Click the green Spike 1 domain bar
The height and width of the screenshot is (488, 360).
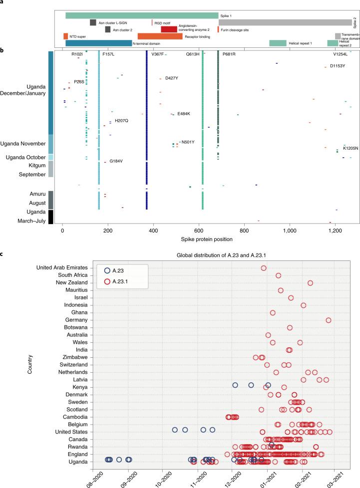click(142, 15)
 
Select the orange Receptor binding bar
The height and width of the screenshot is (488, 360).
click(153, 36)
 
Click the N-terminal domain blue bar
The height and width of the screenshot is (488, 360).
click(99, 43)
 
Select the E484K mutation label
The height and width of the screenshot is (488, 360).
click(184, 114)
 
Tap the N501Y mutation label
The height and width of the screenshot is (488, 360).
click(188, 142)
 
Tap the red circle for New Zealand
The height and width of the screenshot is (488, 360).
click(310, 283)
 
